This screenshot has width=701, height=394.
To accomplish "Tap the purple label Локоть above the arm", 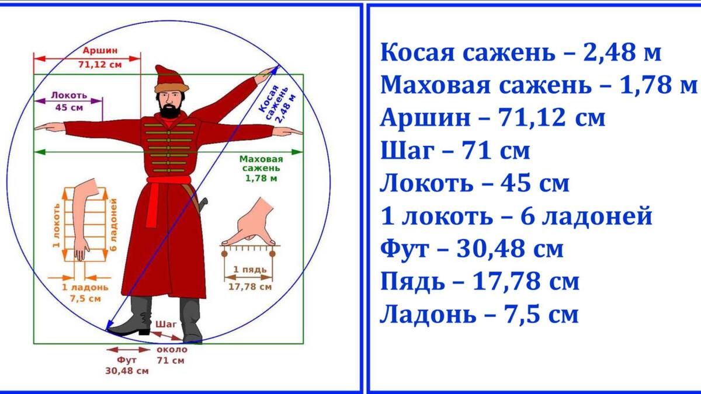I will pos(69,95).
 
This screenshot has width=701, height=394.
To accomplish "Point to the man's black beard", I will pos(170,111).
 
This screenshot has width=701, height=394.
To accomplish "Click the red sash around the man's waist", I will pos(169,180).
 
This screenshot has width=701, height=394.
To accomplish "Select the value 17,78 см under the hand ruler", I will pos(249,287).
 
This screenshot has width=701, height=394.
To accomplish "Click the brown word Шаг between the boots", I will pos(165,324).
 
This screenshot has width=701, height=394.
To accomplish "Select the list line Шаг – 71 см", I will pos(455,151).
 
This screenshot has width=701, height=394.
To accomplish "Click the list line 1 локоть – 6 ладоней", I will pos(516,217).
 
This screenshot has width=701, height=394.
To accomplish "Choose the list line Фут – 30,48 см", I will pos(472,249).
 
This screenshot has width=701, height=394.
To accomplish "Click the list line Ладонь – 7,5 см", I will pos(479,315).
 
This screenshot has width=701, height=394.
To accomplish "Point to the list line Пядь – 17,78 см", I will pos(480,282).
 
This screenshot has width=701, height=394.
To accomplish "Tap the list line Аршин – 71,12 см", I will pos(492,118).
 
